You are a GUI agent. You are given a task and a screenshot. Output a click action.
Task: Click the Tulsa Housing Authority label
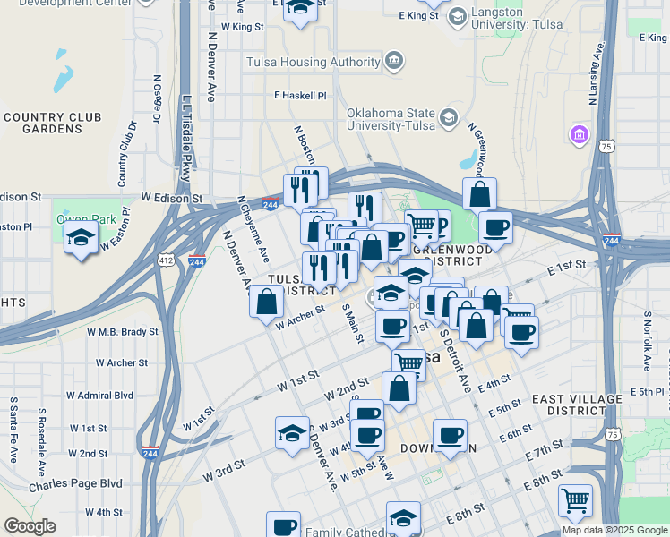coord(314,62)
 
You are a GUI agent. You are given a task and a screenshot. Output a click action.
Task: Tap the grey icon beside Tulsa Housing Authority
coord(393,62)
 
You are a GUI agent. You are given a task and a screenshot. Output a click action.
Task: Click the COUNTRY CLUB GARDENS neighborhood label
coord(52,123)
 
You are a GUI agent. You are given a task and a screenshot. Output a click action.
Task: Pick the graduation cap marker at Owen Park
coord(82,239)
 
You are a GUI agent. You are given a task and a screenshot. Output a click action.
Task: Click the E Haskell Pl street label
coord(300,95)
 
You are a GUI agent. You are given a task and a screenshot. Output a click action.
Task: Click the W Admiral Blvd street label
coord(99,395)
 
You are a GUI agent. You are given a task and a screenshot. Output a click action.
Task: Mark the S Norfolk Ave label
coord(646,341)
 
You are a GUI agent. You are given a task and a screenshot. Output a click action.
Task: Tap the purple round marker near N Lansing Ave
coord(579,136)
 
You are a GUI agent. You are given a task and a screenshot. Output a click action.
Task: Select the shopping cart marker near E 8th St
coord(575,499)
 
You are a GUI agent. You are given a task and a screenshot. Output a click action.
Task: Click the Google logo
coord(30,526)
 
